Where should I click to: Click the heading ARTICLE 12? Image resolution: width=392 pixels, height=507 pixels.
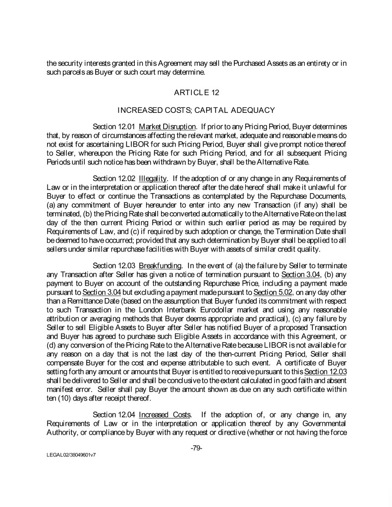(x=196, y=92)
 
